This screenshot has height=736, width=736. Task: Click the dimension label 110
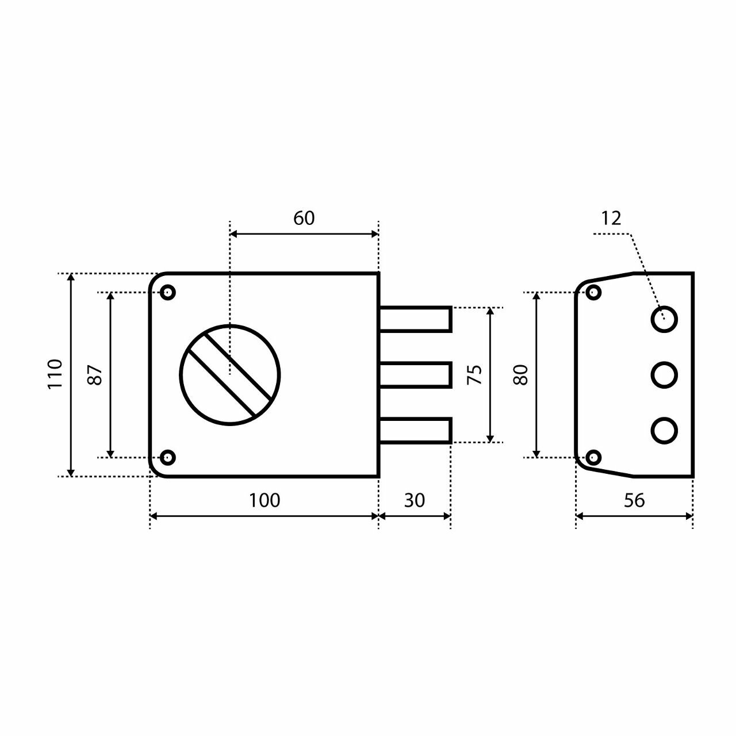pos(55,374)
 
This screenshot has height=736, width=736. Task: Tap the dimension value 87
pos(95,375)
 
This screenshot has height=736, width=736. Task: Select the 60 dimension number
pos(304,218)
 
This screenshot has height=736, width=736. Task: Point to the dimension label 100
pos(264,500)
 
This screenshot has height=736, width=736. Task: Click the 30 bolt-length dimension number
pos(415,500)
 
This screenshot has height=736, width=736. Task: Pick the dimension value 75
pos(475,375)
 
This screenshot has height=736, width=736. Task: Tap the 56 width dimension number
pos(634,500)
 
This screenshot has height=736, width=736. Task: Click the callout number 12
pos(611,218)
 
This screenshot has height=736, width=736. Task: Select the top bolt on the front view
pos(416,319)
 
